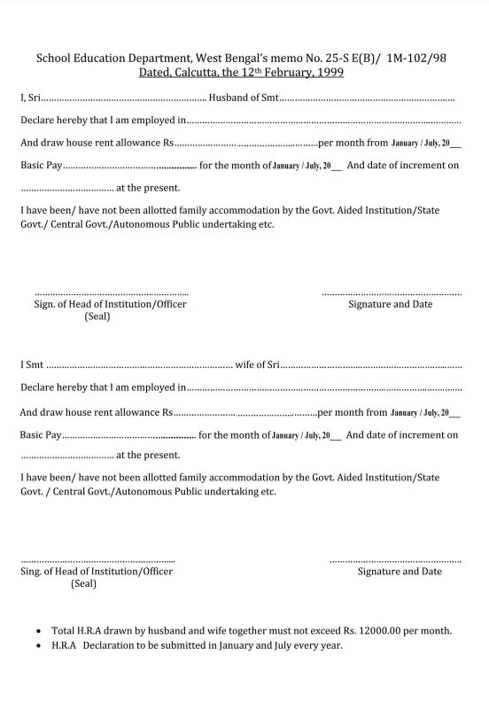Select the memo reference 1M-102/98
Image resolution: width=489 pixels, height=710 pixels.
pyautogui.click(x=416, y=58)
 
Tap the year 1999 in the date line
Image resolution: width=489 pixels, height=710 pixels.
pyautogui.click(x=330, y=73)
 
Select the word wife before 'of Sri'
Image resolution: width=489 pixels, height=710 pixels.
pyautogui.click(x=245, y=364)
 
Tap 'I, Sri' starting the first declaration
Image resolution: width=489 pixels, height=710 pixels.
pyautogui.click(x=30, y=97)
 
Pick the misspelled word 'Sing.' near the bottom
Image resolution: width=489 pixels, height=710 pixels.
pyautogui.click(x=32, y=572)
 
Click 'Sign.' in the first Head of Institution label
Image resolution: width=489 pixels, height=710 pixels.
pyautogui.click(x=47, y=304)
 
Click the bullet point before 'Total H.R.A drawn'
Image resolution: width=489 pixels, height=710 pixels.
pyautogui.click(x=37, y=632)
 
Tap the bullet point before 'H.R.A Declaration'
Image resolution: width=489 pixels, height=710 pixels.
pyautogui.click(x=37, y=646)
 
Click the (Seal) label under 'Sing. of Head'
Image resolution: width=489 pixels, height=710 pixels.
pyautogui.click(x=84, y=583)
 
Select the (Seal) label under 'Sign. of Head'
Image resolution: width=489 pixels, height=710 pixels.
pyautogui.click(x=97, y=316)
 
